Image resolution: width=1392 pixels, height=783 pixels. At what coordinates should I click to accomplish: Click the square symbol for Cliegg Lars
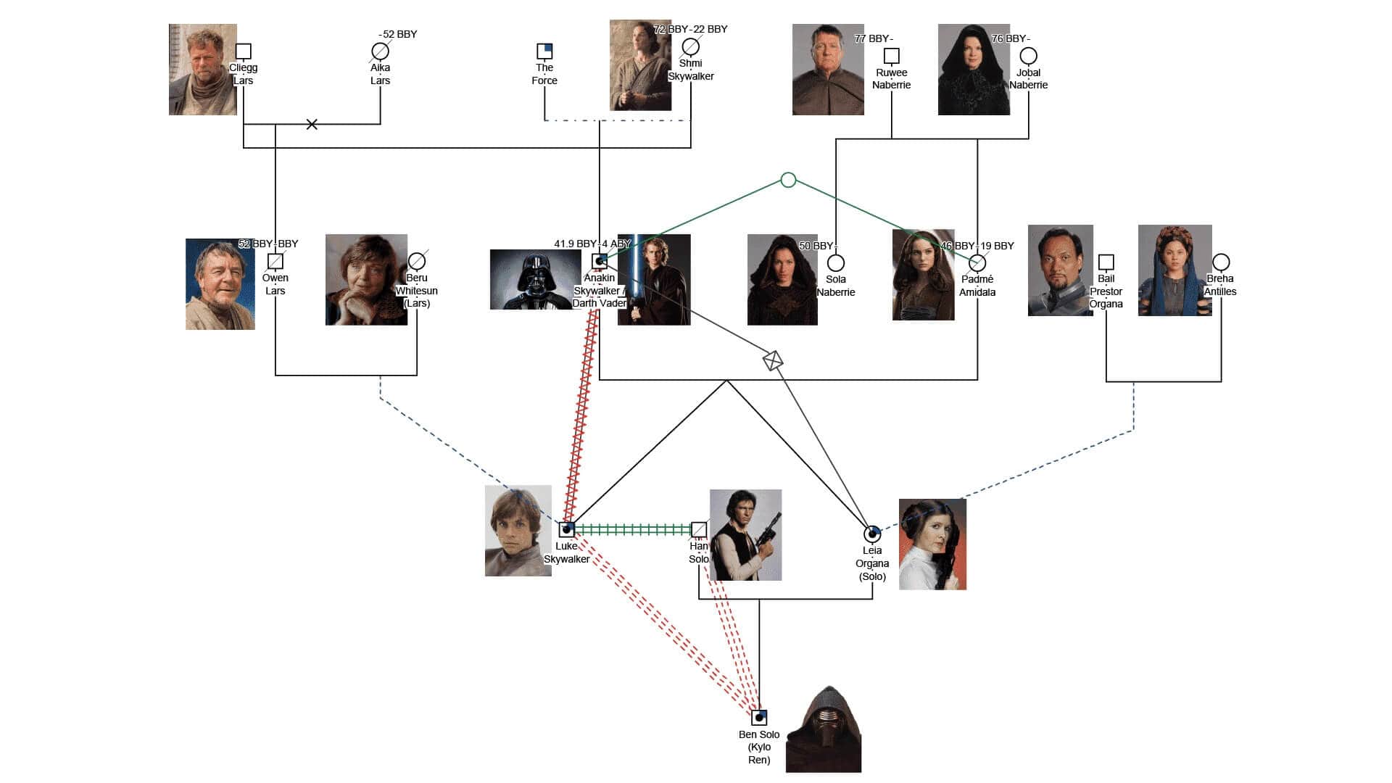244,51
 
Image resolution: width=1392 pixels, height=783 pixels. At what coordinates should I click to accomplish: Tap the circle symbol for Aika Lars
380,51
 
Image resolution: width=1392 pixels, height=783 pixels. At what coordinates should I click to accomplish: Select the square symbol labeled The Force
544,51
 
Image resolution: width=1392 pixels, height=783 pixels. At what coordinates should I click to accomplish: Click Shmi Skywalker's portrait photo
640,65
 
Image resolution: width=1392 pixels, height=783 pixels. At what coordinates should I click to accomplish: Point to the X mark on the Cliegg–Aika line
312,124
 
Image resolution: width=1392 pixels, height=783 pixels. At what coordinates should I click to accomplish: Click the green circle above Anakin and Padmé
789,180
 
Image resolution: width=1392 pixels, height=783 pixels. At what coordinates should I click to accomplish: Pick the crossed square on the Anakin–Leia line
773,360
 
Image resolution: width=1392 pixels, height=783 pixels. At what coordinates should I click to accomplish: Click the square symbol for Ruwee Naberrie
892,56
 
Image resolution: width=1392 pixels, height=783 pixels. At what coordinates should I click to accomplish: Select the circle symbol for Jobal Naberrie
1028,56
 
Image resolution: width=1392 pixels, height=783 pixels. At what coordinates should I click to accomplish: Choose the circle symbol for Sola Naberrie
836,262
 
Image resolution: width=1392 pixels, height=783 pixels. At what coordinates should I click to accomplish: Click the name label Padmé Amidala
977,286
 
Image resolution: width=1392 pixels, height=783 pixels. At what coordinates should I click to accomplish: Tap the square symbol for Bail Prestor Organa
1106,262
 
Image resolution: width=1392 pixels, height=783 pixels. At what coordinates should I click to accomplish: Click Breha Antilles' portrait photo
1174,270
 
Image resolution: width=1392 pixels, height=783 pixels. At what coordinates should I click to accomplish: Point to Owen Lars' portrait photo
220,284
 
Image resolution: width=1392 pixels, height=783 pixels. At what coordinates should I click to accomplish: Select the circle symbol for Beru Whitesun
417,261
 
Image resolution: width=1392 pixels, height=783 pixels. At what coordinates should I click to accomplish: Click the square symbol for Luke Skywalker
567,529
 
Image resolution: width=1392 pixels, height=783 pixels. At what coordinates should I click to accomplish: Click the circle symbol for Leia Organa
872,534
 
